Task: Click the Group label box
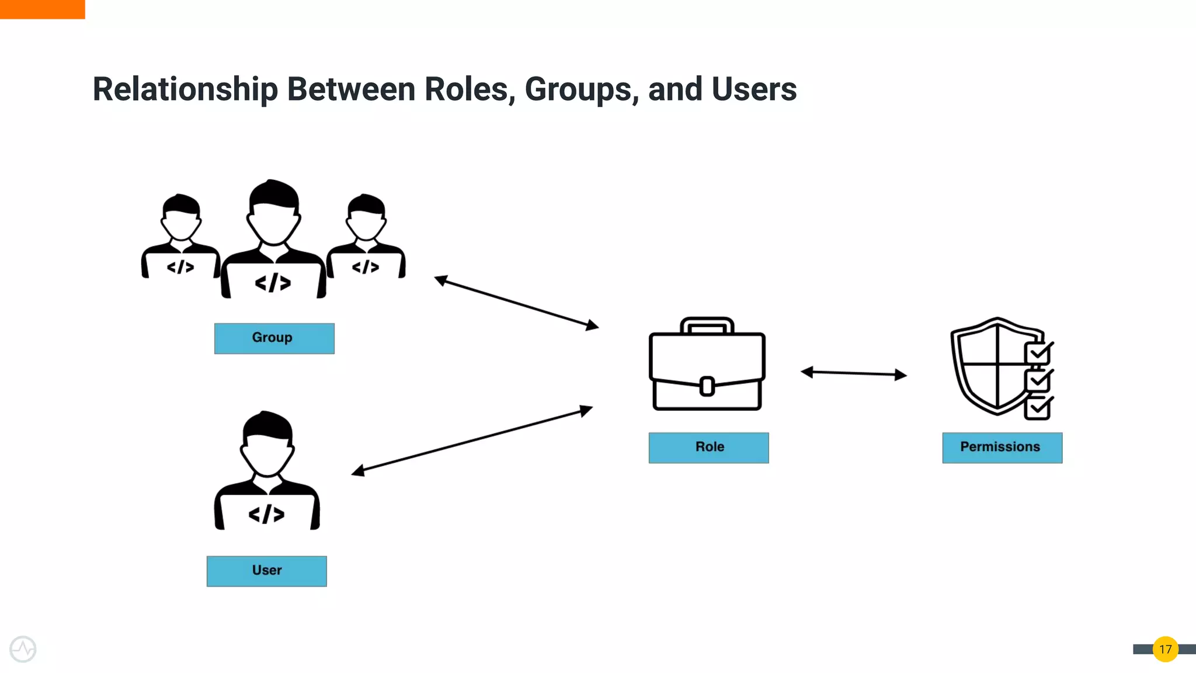click(274, 338)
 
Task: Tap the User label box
click(266, 571)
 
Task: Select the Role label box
click(708, 447)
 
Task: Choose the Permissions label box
click(1002, 447)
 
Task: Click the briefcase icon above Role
click(707, 365)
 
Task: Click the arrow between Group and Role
click(516, 303)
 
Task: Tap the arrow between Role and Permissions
click(853, 373)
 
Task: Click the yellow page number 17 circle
click(1165, 649)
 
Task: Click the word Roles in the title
click(469, 89)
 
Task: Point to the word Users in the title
click(754, 89)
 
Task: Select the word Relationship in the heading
click(185, 89)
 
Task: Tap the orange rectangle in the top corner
click(42, 9)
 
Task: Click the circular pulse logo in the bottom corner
click(23, 649)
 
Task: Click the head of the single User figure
click(267, 444)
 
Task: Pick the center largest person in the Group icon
click(273, 240)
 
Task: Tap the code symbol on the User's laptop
click(266, 514)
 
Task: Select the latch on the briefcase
click(707, 386)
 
